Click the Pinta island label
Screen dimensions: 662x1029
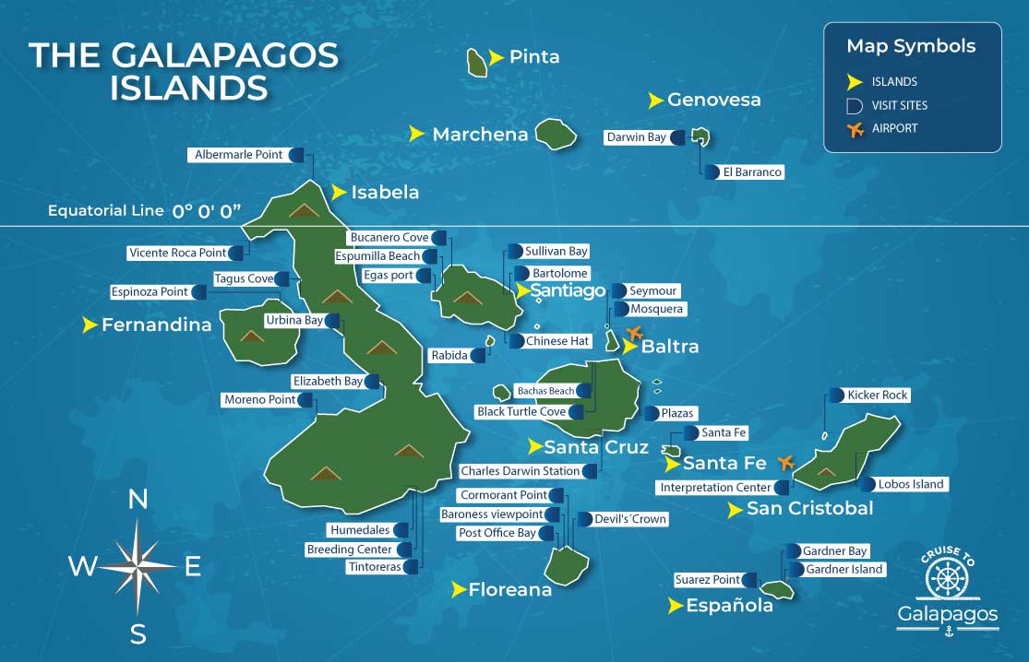click(x=534, y=57)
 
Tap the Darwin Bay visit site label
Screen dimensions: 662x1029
click(x=636, y=137)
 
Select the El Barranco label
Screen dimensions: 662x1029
click(x=752, y=172)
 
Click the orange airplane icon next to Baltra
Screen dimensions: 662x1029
click(x=634, y=333)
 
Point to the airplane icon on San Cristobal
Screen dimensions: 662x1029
click(x=786, y=461)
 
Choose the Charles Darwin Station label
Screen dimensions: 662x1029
click(x=520, y=471)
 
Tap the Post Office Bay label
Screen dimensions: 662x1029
click(x=497, y=533)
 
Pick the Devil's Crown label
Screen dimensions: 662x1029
click(x=630, y=519)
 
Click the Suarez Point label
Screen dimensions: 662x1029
click(x=707, y=580)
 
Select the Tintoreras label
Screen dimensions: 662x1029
click(x=374, y=567)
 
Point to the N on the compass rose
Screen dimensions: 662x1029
click(x=138, y=500)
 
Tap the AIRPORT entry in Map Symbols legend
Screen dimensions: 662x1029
click(x=894, y=129)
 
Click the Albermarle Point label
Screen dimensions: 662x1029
click(x=238, y=155)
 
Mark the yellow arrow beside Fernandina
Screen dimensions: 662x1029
click(x=90, y=325)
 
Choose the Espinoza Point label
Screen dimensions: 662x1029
click(x=150, y=292)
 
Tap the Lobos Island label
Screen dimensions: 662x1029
click(x=911, y=484)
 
